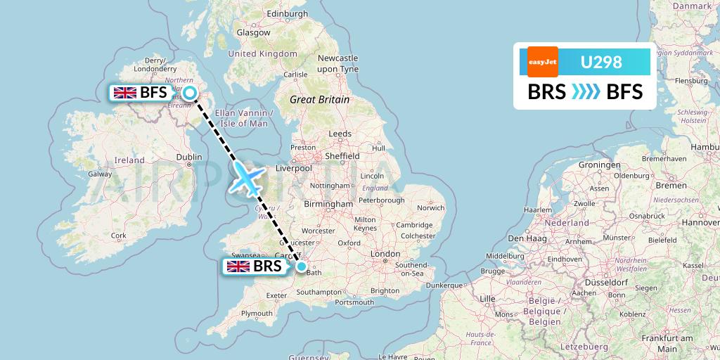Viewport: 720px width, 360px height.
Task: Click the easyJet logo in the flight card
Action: coord(543,62)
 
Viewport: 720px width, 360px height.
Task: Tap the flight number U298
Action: coord(600,62)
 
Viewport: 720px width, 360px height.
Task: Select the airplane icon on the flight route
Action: coord(245,179)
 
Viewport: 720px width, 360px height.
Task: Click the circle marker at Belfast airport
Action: coord(189,93)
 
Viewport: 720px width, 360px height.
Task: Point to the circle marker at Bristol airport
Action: coord(302,266)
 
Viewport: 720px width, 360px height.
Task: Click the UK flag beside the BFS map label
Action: coord(125,93)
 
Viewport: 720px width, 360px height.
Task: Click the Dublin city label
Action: coord(189,157)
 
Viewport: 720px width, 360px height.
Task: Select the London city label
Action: coord(385,253)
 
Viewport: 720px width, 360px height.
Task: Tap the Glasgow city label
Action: coord(253,32)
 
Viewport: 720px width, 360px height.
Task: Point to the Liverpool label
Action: coord(294,168)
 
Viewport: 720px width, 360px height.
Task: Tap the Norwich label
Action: coord(430,208)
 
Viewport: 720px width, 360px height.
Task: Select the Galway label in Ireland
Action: coord(100,174)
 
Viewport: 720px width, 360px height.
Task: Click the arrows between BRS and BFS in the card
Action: coord(585,92)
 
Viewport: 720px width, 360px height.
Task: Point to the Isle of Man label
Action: coord(241,123)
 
